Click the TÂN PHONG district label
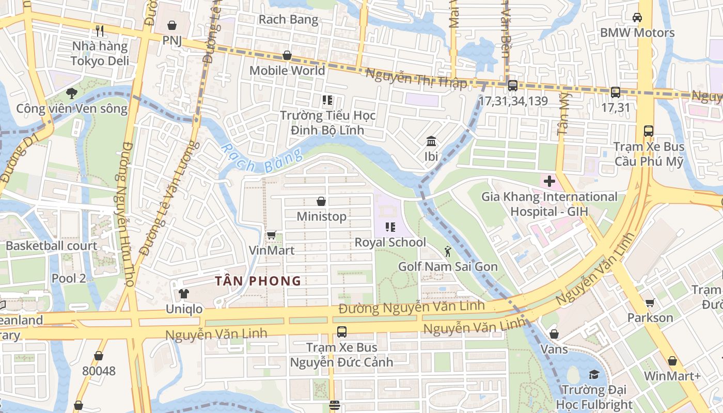coord(258,281)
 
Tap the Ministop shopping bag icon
coord(321,201)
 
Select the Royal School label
coord(390,242)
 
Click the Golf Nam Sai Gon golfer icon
coord(447,251)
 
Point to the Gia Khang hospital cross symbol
coord(549,181)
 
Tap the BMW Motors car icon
coord(637,18)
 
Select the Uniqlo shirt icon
coord(184,294)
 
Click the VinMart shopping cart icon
coord(271,235)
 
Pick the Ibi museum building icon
coord(431,141)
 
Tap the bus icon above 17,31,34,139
coord(512,86)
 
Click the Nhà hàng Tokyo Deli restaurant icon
coord(100,31)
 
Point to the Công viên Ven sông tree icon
coord(71,93)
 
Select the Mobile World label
coord(287,70)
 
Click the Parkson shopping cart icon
coord(650,303)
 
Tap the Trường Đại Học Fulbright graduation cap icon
coord(593,374)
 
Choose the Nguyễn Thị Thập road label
coord(416,78)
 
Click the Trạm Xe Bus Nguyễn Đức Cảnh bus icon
coord(341,332)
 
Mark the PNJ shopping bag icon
coord(172,25)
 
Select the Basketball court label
coord(51,246)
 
